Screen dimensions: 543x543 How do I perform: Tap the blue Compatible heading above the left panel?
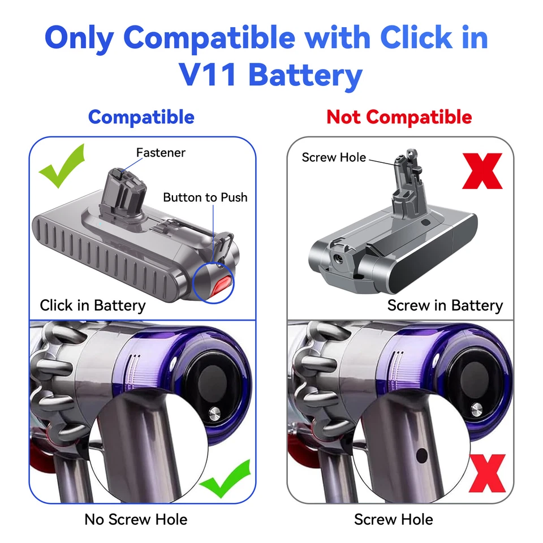tap(141, 117)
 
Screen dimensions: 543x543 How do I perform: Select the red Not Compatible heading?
tap(399, 117)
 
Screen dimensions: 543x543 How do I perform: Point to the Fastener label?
tap(161, 152)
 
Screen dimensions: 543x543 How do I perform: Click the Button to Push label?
tap(205, 197)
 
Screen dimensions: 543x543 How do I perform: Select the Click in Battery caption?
tap(92, 305)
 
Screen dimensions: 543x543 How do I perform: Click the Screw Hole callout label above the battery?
tap(334, 157)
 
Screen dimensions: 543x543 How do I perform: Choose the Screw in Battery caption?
tap(445, 305)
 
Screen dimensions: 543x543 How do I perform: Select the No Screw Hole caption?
tap(136, 519)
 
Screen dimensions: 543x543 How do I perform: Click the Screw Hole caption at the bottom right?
tap(394, 519)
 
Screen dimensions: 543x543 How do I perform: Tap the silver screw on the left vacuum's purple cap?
tap(214, 414)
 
